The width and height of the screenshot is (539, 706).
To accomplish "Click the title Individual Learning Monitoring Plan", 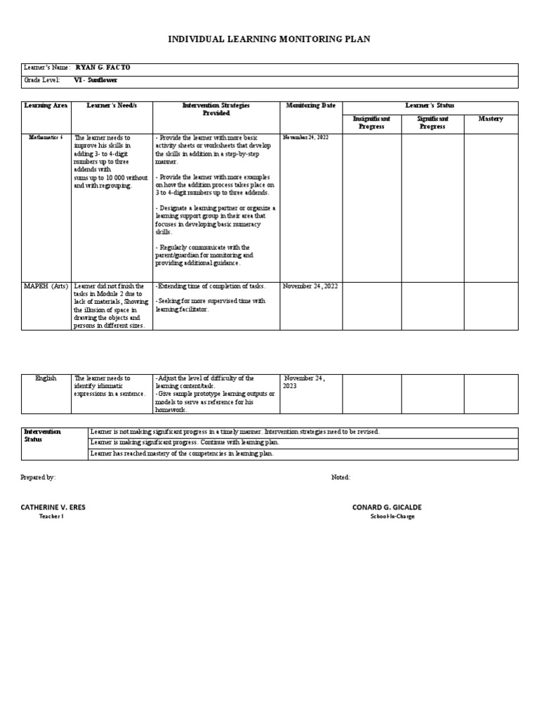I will pyautogui.click(x=269, y=40).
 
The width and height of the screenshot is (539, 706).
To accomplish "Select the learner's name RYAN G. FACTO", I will pyautogui.click(x=102, y=68).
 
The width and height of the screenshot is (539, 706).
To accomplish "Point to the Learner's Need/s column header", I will pyautogui.click(x=112, y=106).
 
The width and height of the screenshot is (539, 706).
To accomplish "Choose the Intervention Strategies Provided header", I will pyautogui.click(x=216, y=109).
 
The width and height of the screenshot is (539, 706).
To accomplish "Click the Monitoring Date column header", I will pyautogui.click(x=310, y=106).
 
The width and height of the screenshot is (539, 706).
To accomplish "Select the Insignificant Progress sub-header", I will pyautogui.click(x=371, y=123).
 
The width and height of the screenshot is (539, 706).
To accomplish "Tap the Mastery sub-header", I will pyautogui.click(x=491, y=119).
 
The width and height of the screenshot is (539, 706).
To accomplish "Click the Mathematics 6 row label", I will pyautogui.click(x=46, y=138).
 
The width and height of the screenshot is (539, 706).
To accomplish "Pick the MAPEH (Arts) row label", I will pyautogui.click(x=46, y=286).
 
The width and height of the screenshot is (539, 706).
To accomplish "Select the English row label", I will pyautogui.click(x=46, y=378).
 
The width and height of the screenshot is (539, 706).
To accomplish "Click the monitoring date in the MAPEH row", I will pyautogui.click(x=310, y=286).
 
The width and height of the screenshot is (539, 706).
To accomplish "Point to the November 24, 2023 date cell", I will pyautogui.click(x=305, y=382).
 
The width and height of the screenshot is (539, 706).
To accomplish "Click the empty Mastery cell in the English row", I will pyautogui.click(x=491, y=394).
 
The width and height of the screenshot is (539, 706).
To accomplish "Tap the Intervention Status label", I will pyautogui.click(x=43, y=436).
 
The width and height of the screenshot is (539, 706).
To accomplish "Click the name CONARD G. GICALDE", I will pyautogui.click(x=387, y=507).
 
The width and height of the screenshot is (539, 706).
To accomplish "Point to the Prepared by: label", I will pyautogui.click(x=39, y=477).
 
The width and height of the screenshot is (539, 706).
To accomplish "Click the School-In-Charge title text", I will pyautogui.click(x=392, y=517).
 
